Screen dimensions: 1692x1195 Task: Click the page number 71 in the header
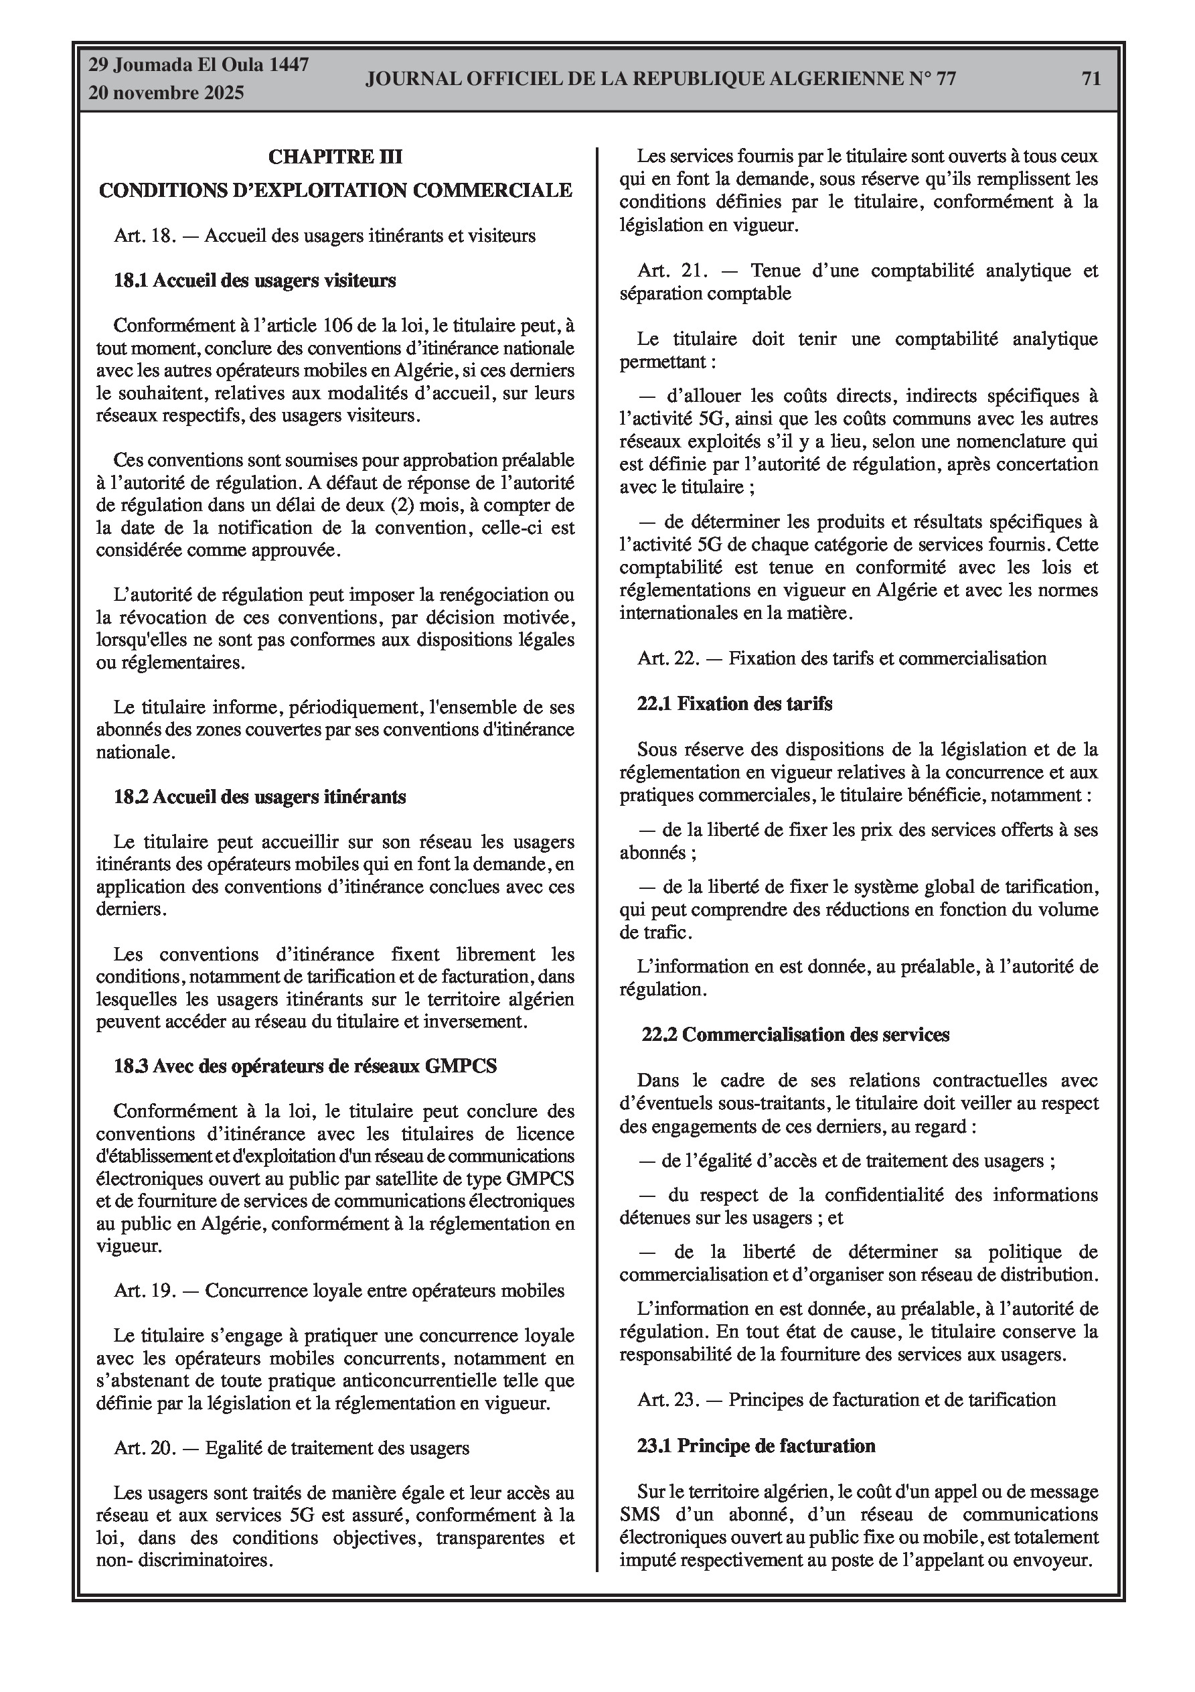point(1091,79)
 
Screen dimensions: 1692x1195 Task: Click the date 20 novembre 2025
point(166,94)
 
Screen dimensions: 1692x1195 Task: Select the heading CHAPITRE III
point(335,156)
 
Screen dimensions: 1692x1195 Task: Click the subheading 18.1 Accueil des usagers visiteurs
point(254,281)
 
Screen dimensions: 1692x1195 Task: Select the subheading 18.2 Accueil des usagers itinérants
point(259,796)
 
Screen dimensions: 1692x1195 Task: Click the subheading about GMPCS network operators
point(305,1066)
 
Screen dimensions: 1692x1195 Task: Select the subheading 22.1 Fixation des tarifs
point(734,704)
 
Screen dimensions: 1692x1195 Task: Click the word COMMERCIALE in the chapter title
point(492,190)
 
